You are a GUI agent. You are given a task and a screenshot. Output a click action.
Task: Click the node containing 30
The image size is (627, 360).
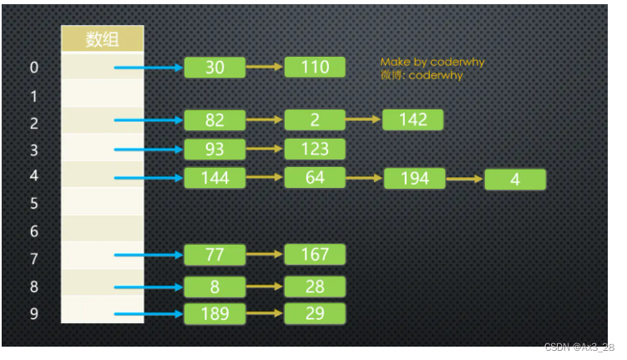215,68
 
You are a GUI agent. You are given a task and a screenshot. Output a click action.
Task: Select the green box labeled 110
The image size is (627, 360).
315,68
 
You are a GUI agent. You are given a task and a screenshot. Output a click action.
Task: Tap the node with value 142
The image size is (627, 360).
412,119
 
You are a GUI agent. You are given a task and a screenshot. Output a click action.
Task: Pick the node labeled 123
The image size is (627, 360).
315,150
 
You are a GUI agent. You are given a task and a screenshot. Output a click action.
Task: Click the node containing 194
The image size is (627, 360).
414,178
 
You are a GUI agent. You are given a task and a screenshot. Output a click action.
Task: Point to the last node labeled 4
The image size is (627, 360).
515,180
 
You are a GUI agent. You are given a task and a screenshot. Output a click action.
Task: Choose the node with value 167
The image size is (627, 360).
315,255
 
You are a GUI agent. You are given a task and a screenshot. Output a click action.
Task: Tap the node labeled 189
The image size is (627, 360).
215,314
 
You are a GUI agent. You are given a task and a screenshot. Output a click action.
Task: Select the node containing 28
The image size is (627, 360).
315,286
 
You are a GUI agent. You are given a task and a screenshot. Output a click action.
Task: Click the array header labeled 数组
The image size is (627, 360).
103,39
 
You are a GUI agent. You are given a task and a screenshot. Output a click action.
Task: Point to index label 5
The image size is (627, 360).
34,203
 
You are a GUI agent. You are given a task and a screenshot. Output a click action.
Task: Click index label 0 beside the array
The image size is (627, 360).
34,68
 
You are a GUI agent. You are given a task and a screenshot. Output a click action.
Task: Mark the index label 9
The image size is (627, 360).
34,315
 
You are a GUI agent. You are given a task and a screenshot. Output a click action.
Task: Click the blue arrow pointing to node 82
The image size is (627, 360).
149,120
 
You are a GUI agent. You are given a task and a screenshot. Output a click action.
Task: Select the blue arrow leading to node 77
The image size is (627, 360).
149,255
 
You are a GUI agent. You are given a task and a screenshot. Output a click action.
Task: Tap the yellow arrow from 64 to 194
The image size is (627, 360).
364,178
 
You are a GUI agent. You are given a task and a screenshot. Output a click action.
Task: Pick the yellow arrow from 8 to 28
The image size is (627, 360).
265,286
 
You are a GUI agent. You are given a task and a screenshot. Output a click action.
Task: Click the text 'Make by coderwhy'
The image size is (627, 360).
432,62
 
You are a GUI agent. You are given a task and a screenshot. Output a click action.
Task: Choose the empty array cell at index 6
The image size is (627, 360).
103,230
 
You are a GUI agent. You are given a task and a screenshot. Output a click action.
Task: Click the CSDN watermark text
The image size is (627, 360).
579,347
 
